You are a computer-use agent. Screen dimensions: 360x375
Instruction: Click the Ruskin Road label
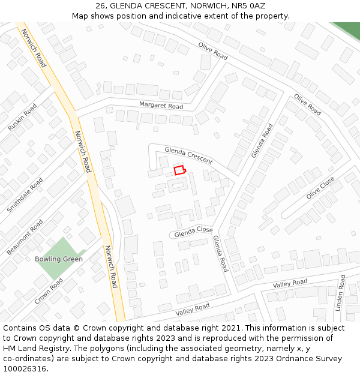click(22, 118)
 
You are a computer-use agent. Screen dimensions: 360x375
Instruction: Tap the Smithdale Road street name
click(25, 195)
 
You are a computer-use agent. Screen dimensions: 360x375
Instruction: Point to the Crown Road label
click(49, 290)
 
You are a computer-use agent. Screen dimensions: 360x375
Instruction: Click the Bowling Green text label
click(59, 259)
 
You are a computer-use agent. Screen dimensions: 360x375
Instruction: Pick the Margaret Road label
click(161, 106)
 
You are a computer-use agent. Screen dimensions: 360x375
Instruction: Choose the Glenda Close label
click(194, 231)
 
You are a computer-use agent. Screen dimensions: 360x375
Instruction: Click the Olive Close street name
click(320, 188)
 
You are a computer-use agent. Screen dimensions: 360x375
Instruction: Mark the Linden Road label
click(340, 293)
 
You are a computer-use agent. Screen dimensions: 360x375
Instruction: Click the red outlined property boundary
click(179, 170)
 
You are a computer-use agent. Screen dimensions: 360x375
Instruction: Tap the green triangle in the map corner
click(347, 29)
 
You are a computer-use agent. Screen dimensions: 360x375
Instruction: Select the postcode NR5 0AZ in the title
click(249, 5)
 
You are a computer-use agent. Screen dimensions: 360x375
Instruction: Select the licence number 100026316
click(25, 369)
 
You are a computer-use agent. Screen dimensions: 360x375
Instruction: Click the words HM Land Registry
click(32, 349)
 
